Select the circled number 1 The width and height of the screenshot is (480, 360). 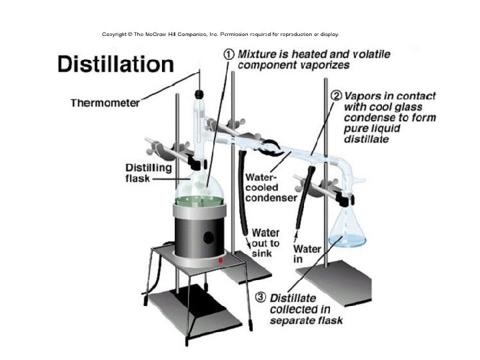[x=228, y=55]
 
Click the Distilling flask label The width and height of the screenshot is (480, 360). [x=148, y=173]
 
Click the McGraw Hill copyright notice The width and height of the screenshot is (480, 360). [x=220, y=33]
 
